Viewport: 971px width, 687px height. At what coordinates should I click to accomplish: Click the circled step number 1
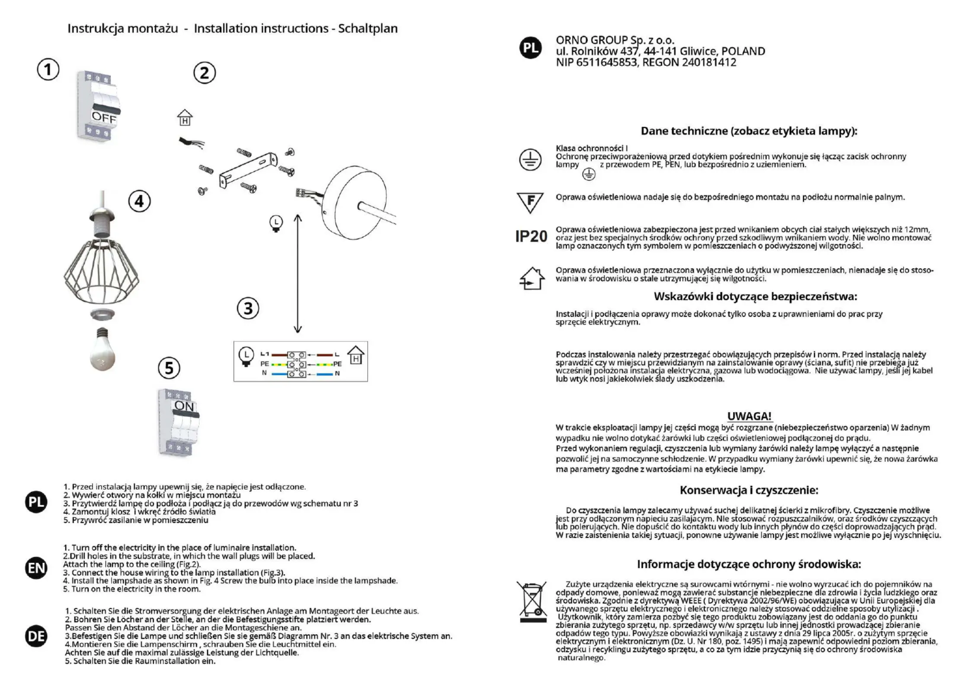click(48, 70)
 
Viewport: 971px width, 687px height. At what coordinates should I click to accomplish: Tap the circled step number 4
click(139, 202)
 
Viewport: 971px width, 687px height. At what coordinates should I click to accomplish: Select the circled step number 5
click(169, 368)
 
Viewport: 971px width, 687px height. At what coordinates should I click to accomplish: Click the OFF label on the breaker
click(104, 117)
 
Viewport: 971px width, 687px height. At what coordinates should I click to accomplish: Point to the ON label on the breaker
click(185, 406)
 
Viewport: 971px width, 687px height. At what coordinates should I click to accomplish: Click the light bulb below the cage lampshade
click(103, 350)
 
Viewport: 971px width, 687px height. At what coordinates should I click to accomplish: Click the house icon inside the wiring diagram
click(356, 355)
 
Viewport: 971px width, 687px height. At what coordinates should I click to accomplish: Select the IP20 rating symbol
click(531, 236)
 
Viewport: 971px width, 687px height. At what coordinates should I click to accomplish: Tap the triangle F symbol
click(530, 202)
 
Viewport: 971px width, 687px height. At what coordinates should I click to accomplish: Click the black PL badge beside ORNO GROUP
click(531, 48)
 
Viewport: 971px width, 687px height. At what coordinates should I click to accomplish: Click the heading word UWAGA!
click(749, 416)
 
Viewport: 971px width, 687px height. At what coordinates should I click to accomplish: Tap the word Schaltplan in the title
click(368, 29)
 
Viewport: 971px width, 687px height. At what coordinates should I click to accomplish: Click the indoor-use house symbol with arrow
click(532, 278)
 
